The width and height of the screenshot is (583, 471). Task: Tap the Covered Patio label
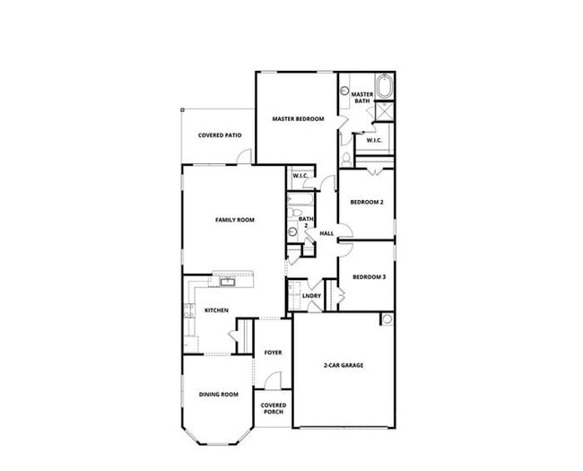pos(220,135)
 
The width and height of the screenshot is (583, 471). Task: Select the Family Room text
pos(234,219)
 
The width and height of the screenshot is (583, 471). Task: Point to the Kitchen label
pos(216,310)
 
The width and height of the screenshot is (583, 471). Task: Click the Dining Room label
pos(218,395)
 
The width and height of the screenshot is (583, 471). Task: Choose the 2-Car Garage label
pos(343,365)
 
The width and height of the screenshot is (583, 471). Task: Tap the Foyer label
pos(273,353)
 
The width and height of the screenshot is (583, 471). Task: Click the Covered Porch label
pos(273,408)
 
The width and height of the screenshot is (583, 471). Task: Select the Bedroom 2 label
pos(367,203)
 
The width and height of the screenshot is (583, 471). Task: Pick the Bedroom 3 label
pos(369,276)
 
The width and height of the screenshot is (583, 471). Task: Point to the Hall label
pos(326,234)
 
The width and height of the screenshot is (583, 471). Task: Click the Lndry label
pos(311,295)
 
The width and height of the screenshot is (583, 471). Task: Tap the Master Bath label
pos(361,98)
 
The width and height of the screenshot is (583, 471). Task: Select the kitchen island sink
pos(228,283)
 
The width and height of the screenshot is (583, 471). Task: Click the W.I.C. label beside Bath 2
pos(300,176)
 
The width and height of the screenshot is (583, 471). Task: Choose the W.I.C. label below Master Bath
pos(374,140)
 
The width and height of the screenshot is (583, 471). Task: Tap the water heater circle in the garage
pos(387,319)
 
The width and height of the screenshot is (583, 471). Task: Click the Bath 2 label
pos(306,222)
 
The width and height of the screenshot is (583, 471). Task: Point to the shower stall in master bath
pos(386,112)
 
